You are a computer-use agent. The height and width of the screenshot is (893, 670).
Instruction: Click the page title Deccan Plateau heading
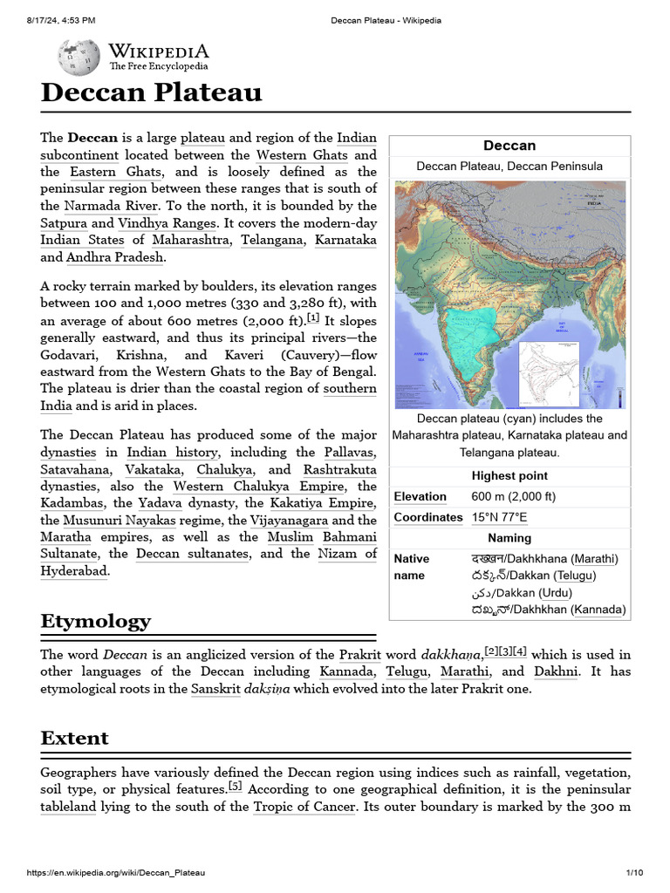pyautogui.click(x=151, y=92)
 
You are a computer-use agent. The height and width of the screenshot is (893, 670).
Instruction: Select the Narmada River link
pyautogui.click(x=111, y=206)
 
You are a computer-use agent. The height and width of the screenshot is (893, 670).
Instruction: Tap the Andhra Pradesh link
pyautogui.click(x=115, y=257)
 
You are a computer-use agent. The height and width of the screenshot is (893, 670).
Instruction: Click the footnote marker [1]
pyautogui.click(x=313, y=317)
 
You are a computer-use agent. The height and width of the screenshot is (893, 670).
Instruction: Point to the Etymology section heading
pyautogui.click(x=96, y=621)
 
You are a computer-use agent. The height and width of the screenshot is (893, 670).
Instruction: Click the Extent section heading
pyautogui.click(x=75, y=738)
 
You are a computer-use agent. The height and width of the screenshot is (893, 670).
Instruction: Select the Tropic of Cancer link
pyautogui.click(x=304, y=807)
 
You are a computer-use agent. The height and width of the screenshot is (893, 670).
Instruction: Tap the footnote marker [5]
pyautogui.click(x=236, y=787)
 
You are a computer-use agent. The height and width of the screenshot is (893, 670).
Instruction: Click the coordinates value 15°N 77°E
pyautogui.click(x=499, y=517)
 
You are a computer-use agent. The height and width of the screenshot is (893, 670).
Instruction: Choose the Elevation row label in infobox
pyautogui.click(x=420, y=496)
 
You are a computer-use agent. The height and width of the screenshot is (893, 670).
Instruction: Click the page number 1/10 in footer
pyautogui.click(x=633, y=873)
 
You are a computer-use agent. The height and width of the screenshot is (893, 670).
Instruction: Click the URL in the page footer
pyautogui.click(x=116, y=873)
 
